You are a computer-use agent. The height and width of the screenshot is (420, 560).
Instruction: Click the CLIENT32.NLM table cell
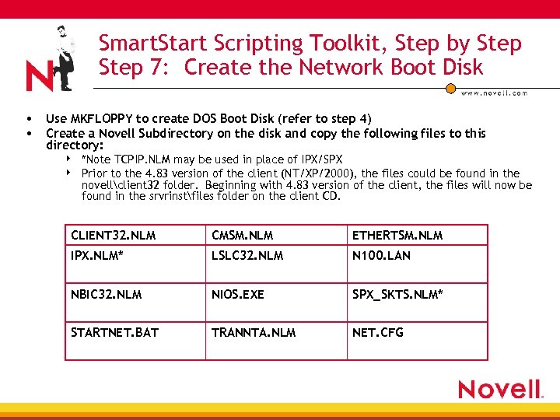click(x=135, y=235)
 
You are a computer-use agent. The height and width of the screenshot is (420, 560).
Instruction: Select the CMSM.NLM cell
click(x=276, y=235)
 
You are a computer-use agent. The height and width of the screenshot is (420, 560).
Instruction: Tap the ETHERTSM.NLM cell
click(x=417, y=235)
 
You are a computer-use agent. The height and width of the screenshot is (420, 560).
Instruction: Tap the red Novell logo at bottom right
click(x=499, y=389)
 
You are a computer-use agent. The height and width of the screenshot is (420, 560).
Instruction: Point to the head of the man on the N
click(x=60, y=33)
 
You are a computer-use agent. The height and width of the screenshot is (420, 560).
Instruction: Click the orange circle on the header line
click(x=450, y=87)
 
